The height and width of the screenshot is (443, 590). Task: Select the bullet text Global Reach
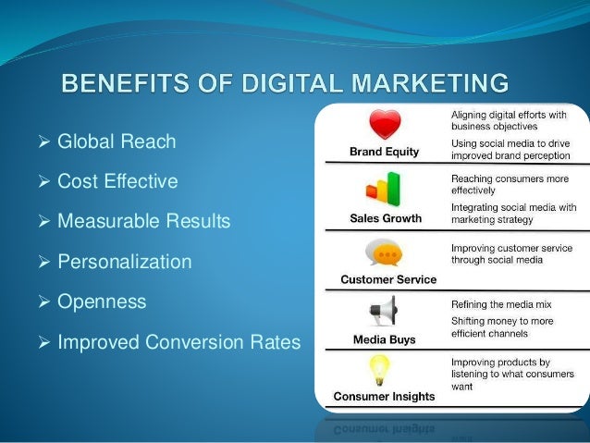click(116, 142)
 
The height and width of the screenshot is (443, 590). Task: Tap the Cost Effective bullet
click(117, 182)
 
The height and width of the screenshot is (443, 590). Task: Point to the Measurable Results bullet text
click(143, 222)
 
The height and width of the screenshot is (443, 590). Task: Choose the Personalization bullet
click(125, 262)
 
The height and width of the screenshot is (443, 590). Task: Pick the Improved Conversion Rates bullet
click(178, 342)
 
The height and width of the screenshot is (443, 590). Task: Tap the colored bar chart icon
click(382, 190)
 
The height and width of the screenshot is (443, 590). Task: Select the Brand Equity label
click(383, 151)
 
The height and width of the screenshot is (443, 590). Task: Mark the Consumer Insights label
click(383, 396)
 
